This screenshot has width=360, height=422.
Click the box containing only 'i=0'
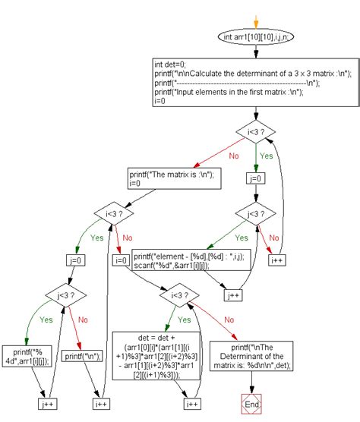tap(120, 260)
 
